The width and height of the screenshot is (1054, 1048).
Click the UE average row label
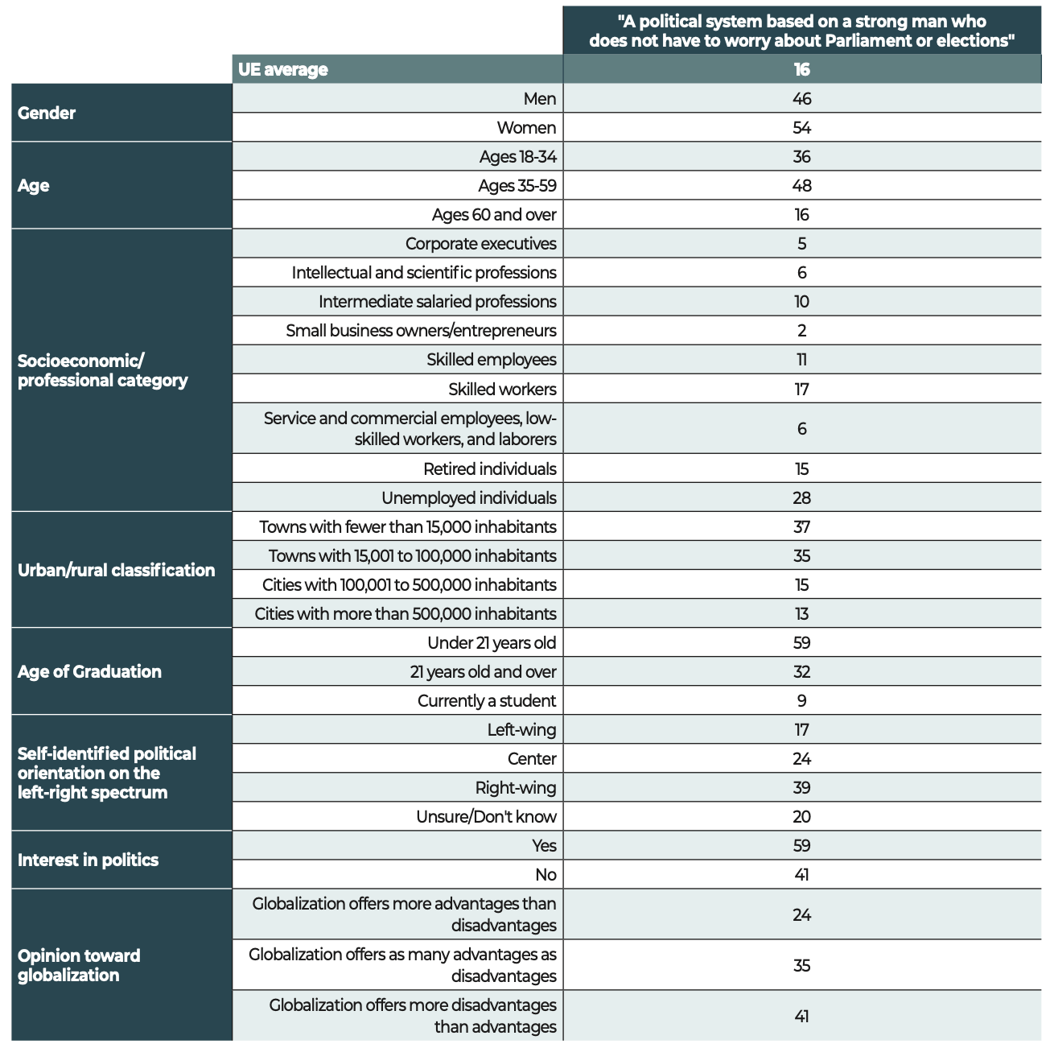[x=283, y=69]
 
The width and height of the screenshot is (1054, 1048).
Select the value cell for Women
[x=801, y=127]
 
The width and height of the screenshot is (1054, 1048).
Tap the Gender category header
[x=47, y=113]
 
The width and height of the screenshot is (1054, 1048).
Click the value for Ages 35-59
[x=801, y=185]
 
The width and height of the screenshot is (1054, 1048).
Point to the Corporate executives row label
[x=480, y=243]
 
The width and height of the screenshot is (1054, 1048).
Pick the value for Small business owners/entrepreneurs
[x=801, y=330]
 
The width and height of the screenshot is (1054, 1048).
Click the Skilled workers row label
[x=502, y=389]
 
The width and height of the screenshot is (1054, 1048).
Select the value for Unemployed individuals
[x=801, y=497]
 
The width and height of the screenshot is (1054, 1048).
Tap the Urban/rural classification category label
[x=117, y=570]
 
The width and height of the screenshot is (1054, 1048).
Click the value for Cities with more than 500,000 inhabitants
[x=801, y=613]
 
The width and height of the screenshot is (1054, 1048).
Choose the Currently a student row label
[x=487, y=700]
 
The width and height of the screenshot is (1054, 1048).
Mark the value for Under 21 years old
[x=801, y=642]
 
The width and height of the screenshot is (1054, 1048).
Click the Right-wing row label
[x=516, y=787]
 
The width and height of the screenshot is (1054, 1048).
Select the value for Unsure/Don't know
[x=801, y=816]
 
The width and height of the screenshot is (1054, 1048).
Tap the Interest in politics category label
[x=89, y=860]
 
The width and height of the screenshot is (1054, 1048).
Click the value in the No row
[x=801, y=874]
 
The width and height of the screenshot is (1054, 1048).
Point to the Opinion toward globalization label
[x=79, y=965]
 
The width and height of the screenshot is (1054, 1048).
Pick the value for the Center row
[x=801, y=758]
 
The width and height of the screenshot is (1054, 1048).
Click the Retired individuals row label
[x=489, y=468]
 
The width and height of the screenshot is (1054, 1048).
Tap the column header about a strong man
[x=801, y=31]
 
